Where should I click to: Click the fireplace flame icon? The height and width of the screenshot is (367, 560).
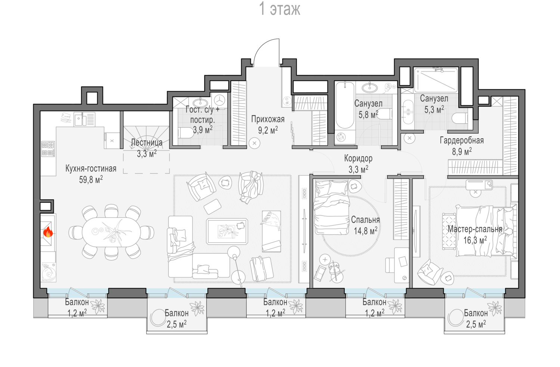click(x=48, y=232)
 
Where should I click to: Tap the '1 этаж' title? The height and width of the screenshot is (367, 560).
click(x=280, y=9)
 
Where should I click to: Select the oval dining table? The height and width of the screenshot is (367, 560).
click(x=111, y=232)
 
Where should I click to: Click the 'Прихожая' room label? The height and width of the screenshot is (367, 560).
click(x=268, y=119)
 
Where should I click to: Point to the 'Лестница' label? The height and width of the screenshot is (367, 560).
click(x=147, y=143)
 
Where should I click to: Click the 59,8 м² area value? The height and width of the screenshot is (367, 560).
click(x=91, y=179)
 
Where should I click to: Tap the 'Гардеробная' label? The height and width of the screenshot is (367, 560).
click(x=462, y=141)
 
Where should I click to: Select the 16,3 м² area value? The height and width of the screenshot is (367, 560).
click(x=475, y=240)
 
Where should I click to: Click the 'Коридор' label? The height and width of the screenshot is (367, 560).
click(x=358, y=158)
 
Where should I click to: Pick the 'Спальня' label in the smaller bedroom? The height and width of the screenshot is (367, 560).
click(x=365, y=220)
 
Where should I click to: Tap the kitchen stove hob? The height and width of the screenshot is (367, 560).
click(x=48, y=149)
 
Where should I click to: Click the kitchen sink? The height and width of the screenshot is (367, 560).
click(x=84, y=119)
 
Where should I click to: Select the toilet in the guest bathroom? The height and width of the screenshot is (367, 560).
click(x=185, y=133)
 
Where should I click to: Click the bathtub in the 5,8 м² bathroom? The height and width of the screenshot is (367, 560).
click(x=345, y=105)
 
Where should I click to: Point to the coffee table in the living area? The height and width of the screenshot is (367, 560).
click(x=227, y=231)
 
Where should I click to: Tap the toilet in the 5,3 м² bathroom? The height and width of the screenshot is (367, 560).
click(x=460, y=118)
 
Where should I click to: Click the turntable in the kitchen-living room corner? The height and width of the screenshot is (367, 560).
click(x=49, y=272)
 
